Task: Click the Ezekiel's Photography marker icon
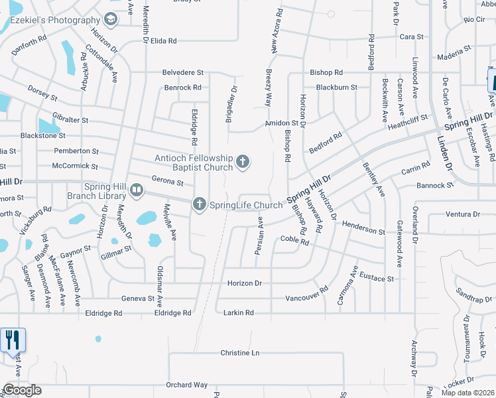point(111,19)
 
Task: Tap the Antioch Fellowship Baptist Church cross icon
point(243,162)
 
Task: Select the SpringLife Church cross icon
point(200,205)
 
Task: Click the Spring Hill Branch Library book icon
point(137,191)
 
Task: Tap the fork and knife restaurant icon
point(13,340)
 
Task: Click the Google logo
point(22,390)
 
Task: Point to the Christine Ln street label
point(239,353)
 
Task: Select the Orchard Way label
point(187,385)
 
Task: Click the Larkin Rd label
point(239,312)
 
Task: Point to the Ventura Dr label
point(463,214)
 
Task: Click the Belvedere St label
point(183,72)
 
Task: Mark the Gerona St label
point(167,181)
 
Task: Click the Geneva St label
point(139,299)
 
